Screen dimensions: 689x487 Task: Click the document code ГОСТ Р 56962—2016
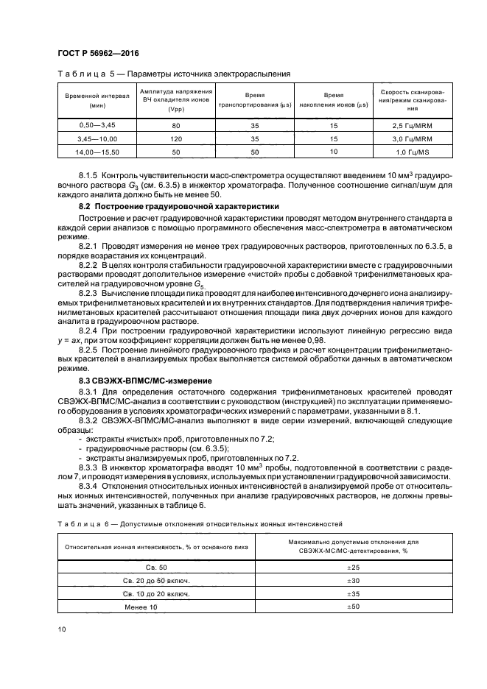click(97, 54)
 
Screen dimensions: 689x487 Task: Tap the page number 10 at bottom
click(62, 629)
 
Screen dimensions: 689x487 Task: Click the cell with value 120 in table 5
click(175, 138)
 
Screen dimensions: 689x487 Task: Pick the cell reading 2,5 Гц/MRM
click(413, 126)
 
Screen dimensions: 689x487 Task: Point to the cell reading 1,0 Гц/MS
click(413, 151)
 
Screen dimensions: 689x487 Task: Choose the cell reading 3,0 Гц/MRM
click(413, 138)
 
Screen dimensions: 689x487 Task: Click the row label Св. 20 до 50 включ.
click(156, 580)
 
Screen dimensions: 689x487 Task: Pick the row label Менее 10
click(156, 606)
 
